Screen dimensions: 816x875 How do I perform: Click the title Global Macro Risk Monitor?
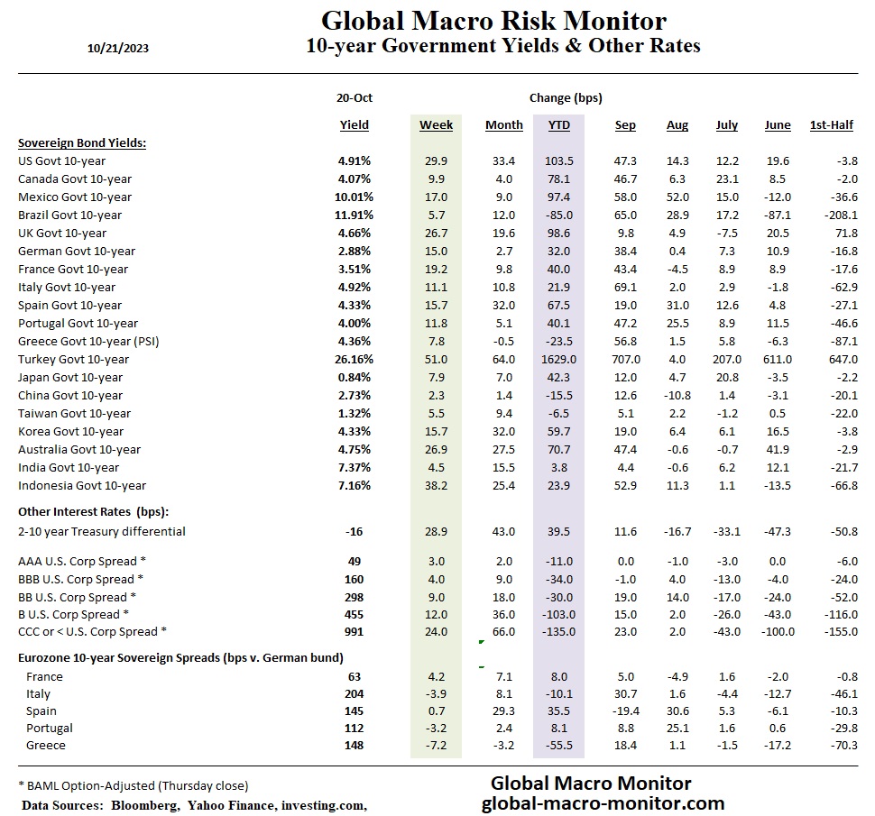(x=493, y=21)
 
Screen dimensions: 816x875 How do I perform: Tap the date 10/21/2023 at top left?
(x=113, y=49)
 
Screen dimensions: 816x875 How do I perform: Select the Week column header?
(x=436, y=125)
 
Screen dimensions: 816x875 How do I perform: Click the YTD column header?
(x=559, y=125)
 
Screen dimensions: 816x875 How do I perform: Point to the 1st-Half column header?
(x=831, y=125)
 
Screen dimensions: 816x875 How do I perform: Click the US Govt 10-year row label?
(x=61, y=160)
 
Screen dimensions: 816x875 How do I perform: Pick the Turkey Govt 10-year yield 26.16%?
(x=355, y=359)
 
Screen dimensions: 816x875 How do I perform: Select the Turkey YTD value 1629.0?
(x=558, y=359)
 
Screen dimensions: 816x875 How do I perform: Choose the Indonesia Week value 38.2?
(x=436, y=485)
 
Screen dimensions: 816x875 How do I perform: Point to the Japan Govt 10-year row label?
(x=69, y=377)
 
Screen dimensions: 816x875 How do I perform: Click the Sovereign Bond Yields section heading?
(x=82, y=142)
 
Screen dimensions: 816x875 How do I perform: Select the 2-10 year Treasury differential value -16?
(x=354, y=531)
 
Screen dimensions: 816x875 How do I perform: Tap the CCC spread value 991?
(x=354, y=631)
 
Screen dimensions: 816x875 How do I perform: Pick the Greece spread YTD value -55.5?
(x=559, y=745)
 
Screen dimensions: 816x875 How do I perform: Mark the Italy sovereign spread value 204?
(x=354, y=693)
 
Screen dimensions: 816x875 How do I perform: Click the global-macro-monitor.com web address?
(x=603, y=803)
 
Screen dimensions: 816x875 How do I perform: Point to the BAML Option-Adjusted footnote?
(x=133, y=784)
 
